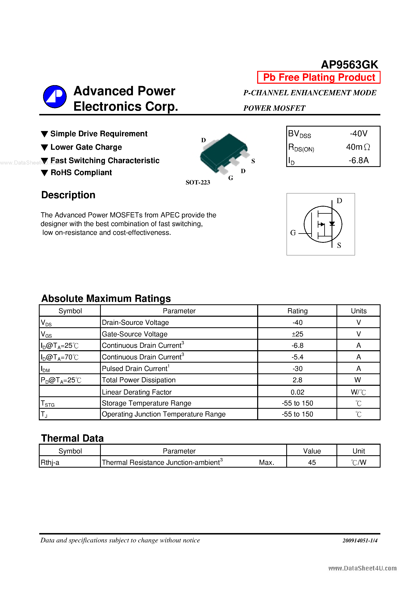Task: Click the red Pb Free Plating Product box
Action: click(x=319, y=77)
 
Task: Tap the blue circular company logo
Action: click(x=55, y=96)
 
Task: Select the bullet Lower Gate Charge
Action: click(x=86, y=147)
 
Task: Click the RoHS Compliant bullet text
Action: click(x=81, y=172)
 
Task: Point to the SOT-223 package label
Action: click(x=198, y=182)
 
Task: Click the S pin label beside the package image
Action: click(x=253, y=161)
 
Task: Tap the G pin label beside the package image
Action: click(x=231, y=178)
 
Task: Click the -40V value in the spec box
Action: click(x=358, y=133)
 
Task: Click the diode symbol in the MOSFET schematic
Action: click(x=332, y=223)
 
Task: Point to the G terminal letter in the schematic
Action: click(x=293, y=233)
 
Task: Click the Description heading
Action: click(x=68, y=195)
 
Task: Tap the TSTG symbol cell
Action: click(x=48, y=403)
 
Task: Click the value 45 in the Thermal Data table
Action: click(x=312, y=462)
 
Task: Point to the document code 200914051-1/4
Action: click(x=360, y=540)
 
